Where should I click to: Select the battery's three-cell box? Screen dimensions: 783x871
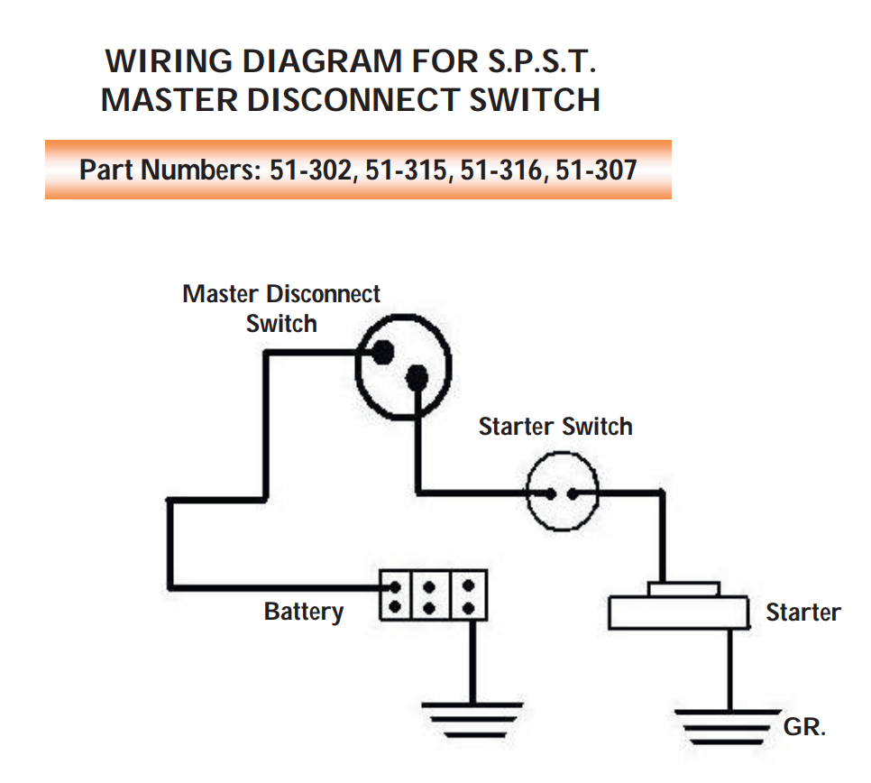click(433, 594)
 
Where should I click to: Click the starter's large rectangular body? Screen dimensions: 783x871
click(678, 613)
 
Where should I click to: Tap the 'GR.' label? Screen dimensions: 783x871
click(804, 727)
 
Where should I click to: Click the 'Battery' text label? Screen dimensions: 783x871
click(304, 612)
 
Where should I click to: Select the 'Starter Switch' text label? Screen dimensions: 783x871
click(555, 427)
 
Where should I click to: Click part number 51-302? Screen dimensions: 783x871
click(311, 170)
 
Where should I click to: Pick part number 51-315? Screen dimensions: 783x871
click(408, 170)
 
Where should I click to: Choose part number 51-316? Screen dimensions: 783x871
click(502, 170)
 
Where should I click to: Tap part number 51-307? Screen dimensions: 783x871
click(596, 170)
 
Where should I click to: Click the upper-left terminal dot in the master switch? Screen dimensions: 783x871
click(383, 353)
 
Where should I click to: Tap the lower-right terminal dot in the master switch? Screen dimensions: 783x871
click(417, 379)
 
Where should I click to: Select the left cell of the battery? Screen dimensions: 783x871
click(395, 594)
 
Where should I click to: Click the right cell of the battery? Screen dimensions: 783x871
click(469, 594)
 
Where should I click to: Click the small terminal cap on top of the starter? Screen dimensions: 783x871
click(684, 589)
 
